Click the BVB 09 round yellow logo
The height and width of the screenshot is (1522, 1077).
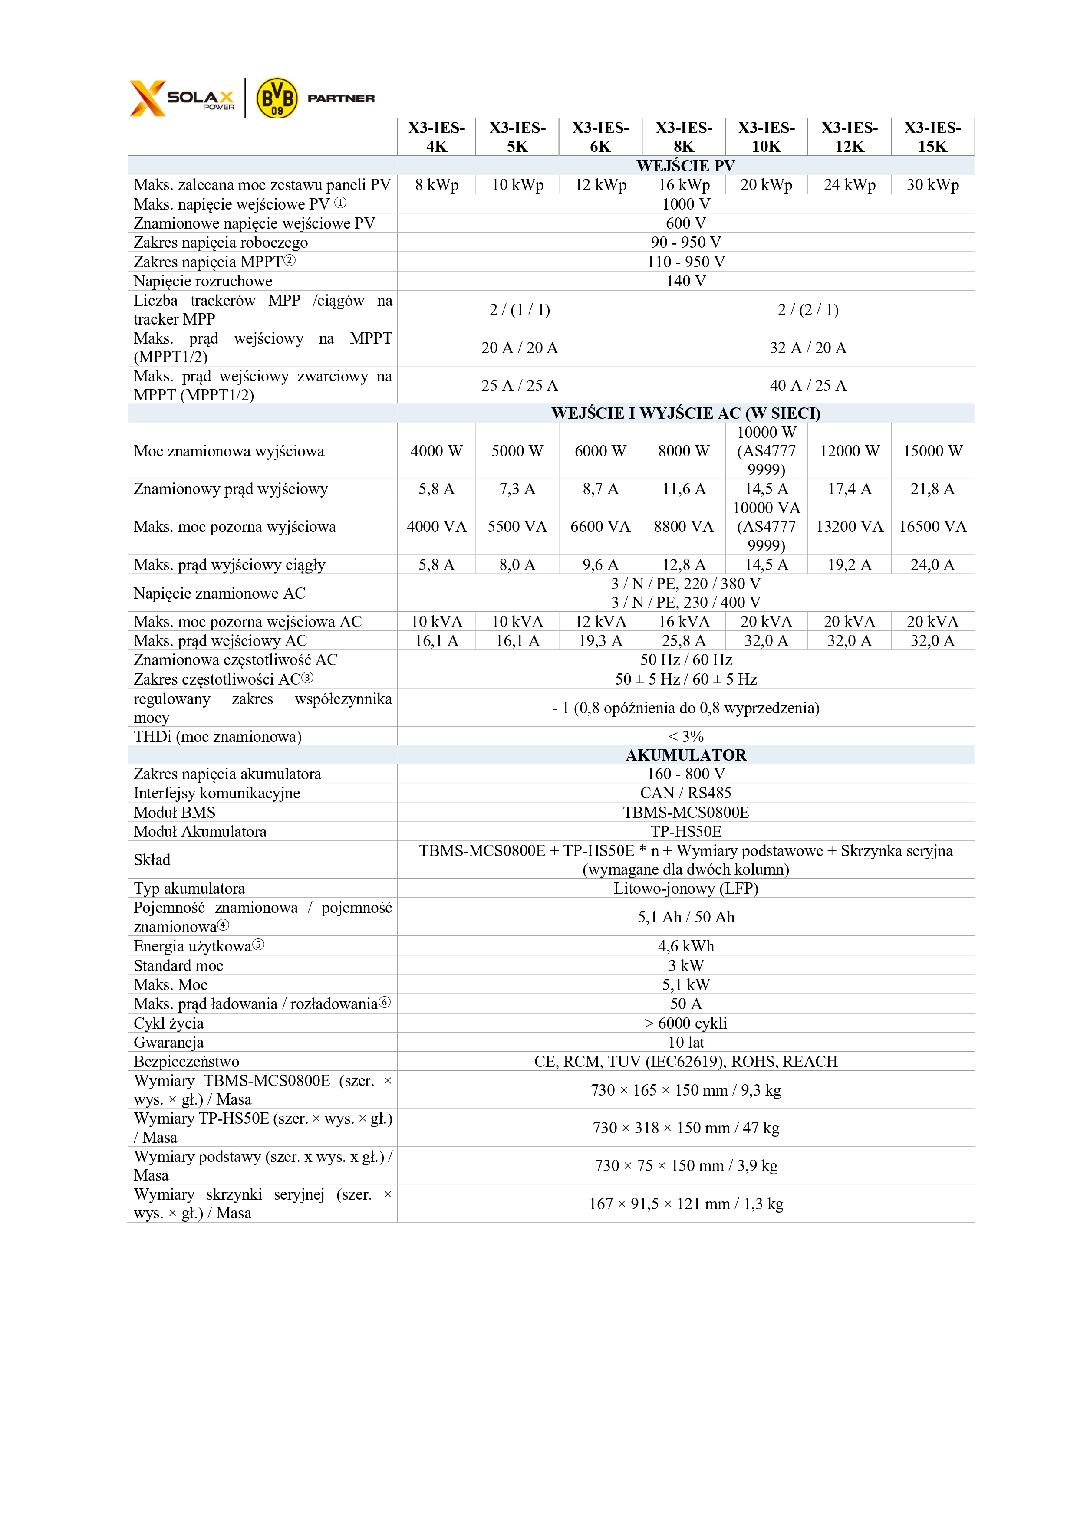tap(277, 98)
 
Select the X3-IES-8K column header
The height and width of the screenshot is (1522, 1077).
tap(684, 137)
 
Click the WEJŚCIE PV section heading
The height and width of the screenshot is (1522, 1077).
tap(686, 166)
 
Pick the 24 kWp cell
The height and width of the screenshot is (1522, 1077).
tap(850, 185)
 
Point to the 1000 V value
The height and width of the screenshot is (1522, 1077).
tap(686, 204)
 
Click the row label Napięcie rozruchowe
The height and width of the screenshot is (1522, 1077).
tap(203, 281)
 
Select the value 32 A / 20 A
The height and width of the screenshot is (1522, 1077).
tap(808, 348)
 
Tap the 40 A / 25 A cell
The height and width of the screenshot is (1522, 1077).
tap(808, 386)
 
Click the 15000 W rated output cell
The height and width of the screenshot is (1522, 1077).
tap(932, 451)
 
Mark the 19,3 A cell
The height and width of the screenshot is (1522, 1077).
tap(600, 640)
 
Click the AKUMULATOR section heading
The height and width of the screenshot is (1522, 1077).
tap(686, 755)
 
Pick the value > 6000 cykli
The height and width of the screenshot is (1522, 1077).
tap(686, 1023)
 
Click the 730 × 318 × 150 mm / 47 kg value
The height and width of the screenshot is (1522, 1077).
tap(686, 1128)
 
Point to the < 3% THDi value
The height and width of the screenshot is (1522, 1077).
tap(686, 736)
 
